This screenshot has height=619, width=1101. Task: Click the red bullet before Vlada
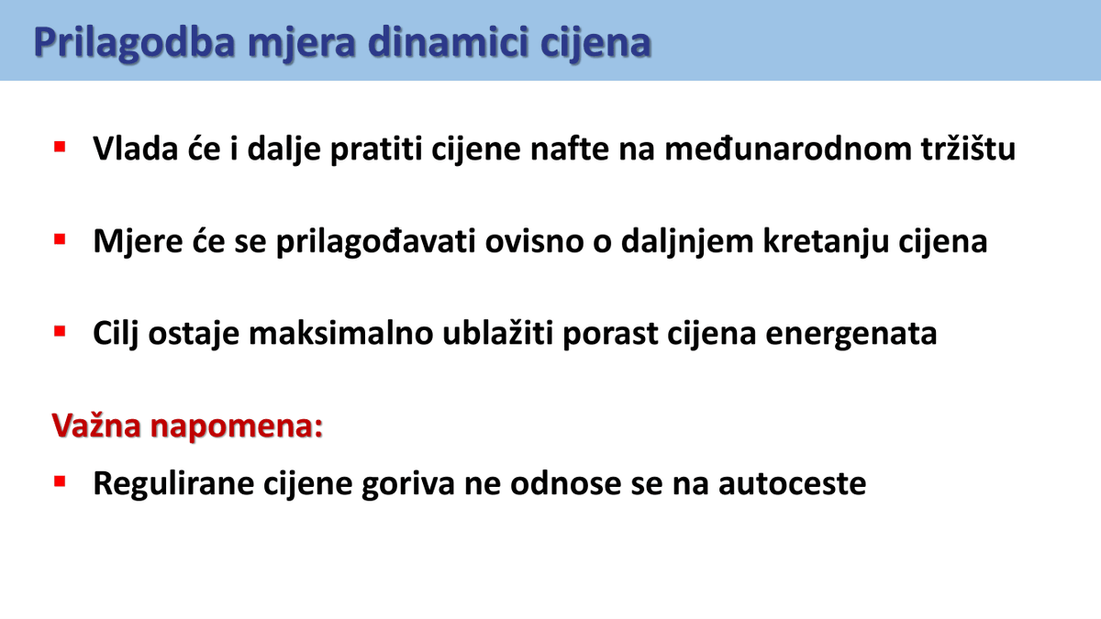pos(61,147)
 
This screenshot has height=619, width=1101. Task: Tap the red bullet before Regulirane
pos(61,481)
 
